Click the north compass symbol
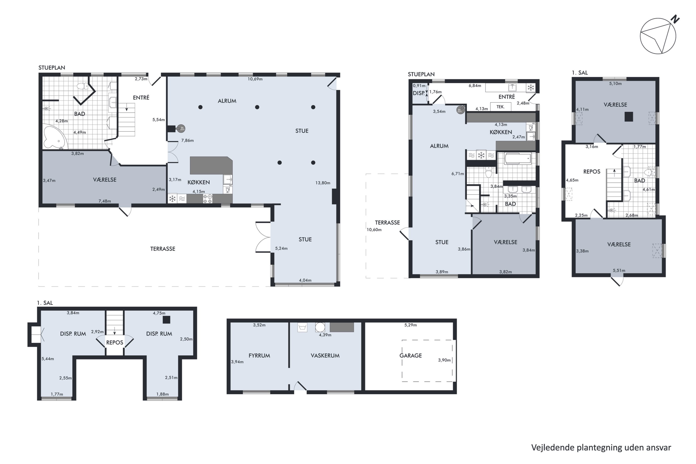point(659,35)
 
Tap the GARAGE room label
point(410,355)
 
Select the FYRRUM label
point(259,355)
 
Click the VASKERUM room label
point(325,355)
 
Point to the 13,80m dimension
point(322,183)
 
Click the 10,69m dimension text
point(255,79)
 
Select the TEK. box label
point(500,106)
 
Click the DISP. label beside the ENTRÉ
point(419,93)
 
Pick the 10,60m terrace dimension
point(374,230)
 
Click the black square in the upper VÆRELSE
point(629,117)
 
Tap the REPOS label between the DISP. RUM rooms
point(115,342)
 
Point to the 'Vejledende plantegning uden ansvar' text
point(601,448)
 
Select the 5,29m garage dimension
point(410,325)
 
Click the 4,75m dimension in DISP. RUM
point(159,313)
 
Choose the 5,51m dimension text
point(619,271)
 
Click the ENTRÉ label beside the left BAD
point(141,97)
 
